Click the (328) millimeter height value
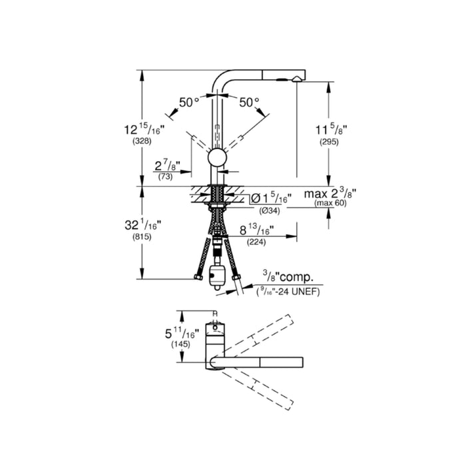point(142,141)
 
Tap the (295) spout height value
point(329,142)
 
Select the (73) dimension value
point(165,177)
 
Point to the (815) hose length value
point(142,237)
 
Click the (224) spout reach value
point(256,242)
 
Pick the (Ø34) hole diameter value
point(270,211)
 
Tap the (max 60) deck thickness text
point(330,203)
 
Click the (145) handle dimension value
point(180,344)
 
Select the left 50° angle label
point(189,103)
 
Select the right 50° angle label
point(250,103)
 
